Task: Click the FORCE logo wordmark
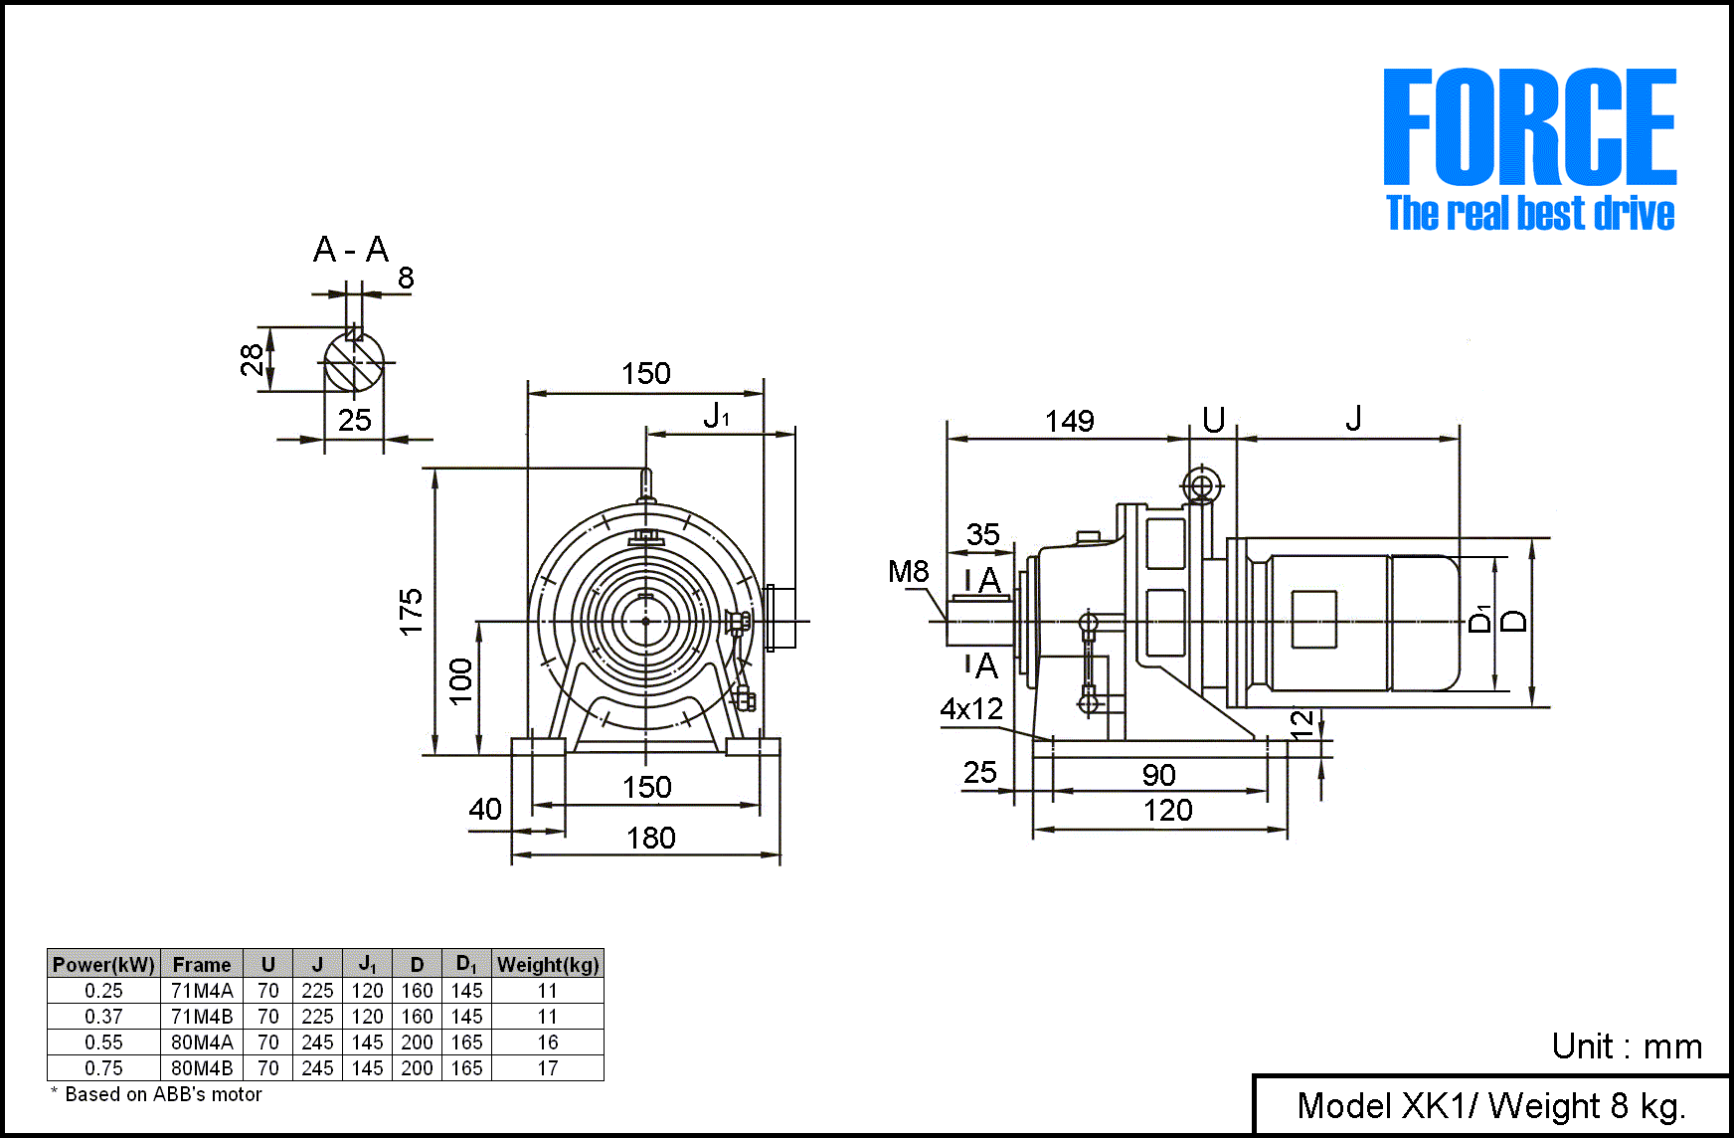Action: (x=1529, y=127)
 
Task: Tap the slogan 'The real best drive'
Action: (x=1529, y=214)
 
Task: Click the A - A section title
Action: (x=350, y=250)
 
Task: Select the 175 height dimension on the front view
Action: (x=411, y=611)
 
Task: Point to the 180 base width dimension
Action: (x=650, y=839)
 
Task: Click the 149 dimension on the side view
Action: (x=1069, y=422)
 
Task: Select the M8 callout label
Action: (x=908, y=572)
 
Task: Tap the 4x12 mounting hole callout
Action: (x=971, y=709)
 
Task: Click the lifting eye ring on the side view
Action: (x=1201, y=486)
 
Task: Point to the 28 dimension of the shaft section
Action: (x=252, y=359)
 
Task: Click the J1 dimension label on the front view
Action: (x=716, y=416)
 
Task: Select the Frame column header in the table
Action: (x=201, y=964)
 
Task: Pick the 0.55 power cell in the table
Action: (x=103, y=1043)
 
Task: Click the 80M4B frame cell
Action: (x=202, y=1068)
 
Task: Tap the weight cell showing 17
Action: (x=548, y=1068)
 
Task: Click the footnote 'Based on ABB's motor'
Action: (x=162, y=1094)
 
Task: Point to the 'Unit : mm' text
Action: (x=1627, y=1046)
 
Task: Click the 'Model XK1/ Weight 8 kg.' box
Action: (x=1490, y=1105)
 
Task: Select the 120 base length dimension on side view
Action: (x=1167, y=811)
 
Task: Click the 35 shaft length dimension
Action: (x=982, y=534)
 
